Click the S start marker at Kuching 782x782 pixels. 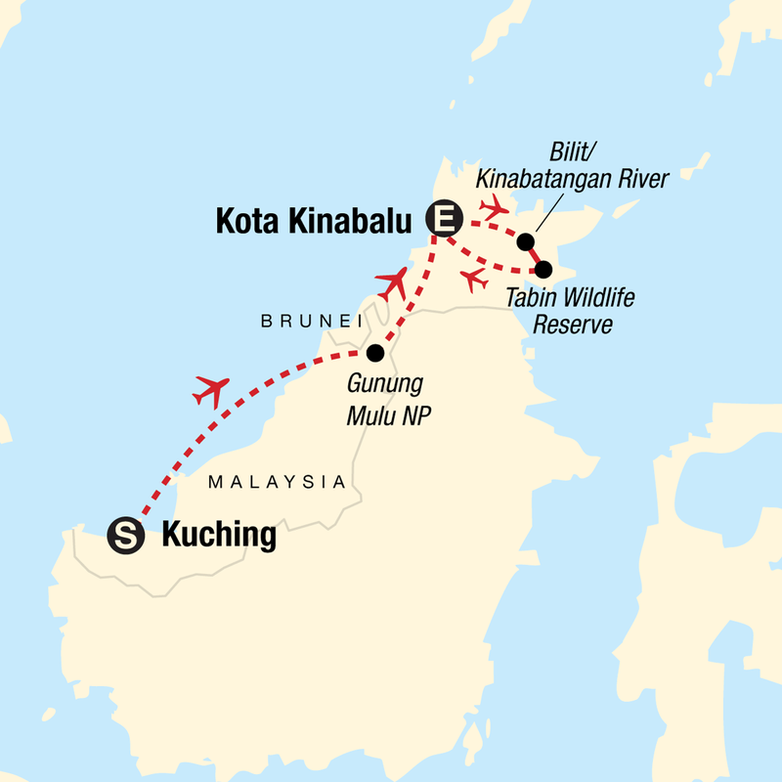click(x=127, y=535)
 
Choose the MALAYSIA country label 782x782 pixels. click(x=279, y=482)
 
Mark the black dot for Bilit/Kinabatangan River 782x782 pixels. click(x=526, y=241)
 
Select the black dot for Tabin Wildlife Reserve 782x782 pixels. click(x=544, y=269)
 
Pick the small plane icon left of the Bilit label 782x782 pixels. click(x=494, y=205)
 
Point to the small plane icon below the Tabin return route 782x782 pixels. click(x=475, y=280)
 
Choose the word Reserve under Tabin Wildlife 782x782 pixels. click(x=572, y=325)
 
